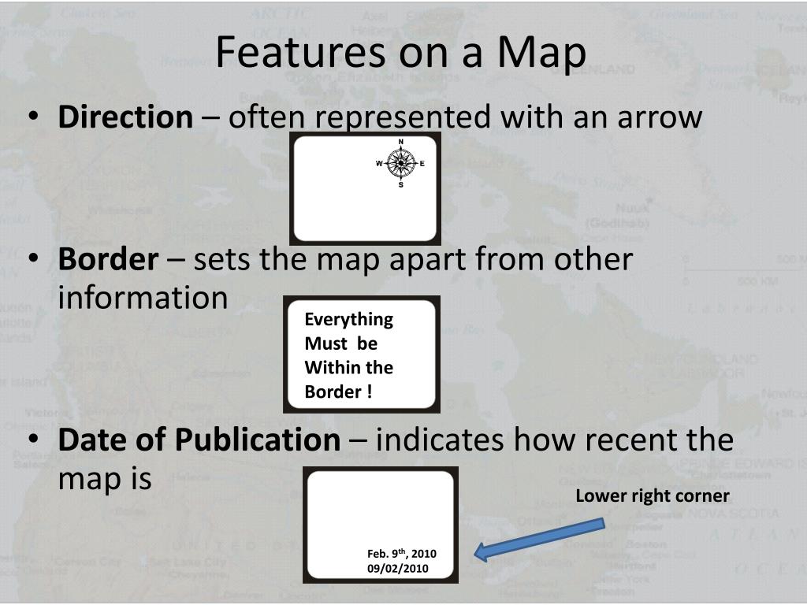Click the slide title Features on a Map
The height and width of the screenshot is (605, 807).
tap(401, 53)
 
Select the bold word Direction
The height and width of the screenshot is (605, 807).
tap(125, 117)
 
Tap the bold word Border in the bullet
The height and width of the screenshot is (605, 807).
tap(108, 259)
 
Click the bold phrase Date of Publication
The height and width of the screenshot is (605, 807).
tap(199, 440)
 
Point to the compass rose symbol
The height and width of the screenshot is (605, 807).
tap(401, 163)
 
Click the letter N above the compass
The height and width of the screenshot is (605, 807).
tap(401, 143)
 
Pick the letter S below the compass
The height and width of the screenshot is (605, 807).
tap(401, 185)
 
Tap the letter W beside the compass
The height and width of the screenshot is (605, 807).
tap(379, 164)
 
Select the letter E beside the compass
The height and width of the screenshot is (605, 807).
tap(422, 164)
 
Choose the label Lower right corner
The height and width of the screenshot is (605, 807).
tap(653, 496)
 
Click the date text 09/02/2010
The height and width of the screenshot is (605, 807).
tap(398, 568)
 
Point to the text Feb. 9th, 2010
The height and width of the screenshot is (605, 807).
tap(401, 553)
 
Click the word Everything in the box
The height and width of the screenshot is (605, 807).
tap(348, 319)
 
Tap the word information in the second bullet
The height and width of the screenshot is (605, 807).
tap(143, 298)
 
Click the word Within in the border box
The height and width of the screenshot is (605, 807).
tap(326, 367)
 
